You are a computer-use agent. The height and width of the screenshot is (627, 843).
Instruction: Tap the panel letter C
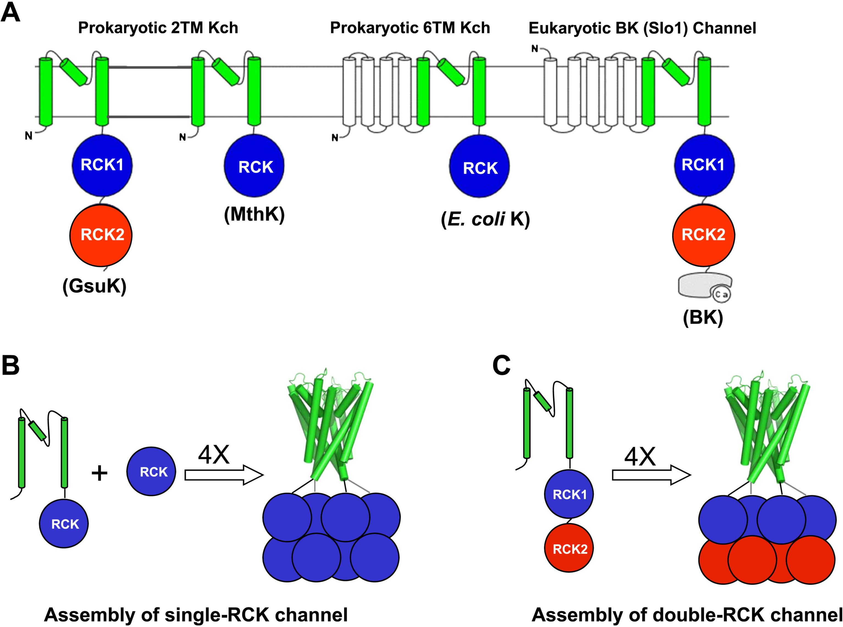coord(501,365)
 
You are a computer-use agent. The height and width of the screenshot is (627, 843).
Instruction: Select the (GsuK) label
coord(94,286)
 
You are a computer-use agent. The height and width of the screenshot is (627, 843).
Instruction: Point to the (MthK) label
coord(254,214)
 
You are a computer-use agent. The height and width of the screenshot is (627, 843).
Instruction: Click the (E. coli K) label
coord(485,219)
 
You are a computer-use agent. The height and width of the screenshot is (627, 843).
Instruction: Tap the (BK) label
coord(703,317)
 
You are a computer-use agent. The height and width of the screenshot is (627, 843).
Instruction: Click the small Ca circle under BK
coord(722,294)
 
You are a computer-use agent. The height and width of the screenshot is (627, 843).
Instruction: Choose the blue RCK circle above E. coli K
coord(479,167)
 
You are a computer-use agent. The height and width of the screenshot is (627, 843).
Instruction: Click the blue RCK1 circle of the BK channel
coord(704,165)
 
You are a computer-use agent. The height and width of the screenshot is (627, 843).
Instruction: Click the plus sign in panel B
coord(99,473)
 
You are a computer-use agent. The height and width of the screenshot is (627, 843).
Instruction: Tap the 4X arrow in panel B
coord(224,474)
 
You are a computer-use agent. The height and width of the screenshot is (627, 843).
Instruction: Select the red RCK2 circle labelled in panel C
coord(570,548)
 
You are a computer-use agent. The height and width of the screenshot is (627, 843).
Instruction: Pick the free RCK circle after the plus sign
coord(151,471)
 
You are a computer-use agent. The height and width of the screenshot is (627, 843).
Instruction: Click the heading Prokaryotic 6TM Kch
coord(410,28)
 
